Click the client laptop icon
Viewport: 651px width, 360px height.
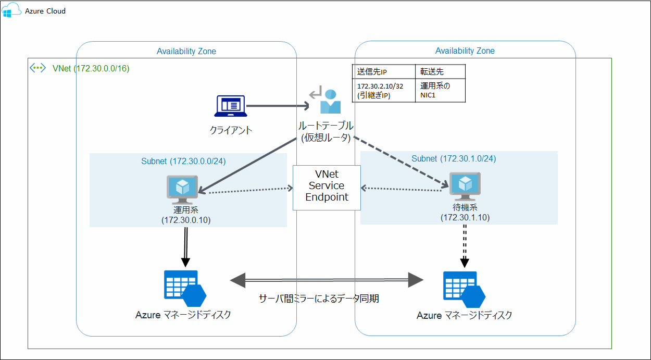tap(230, 106)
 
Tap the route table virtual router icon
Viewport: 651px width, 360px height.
tap(325, 102)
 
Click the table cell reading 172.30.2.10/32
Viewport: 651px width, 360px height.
tap(383, 90)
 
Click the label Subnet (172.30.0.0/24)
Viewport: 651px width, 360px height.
tap(183, 161)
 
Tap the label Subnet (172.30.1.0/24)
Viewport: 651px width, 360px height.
tap(454, 158)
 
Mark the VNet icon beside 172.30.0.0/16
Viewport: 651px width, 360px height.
tap(38, 68)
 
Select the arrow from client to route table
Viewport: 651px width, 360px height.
tap(276, 106)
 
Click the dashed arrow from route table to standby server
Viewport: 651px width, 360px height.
tap(401, 162)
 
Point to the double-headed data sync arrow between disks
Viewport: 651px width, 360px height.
tap(327, 280)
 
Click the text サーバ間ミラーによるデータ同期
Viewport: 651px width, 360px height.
tap(319, 299)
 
